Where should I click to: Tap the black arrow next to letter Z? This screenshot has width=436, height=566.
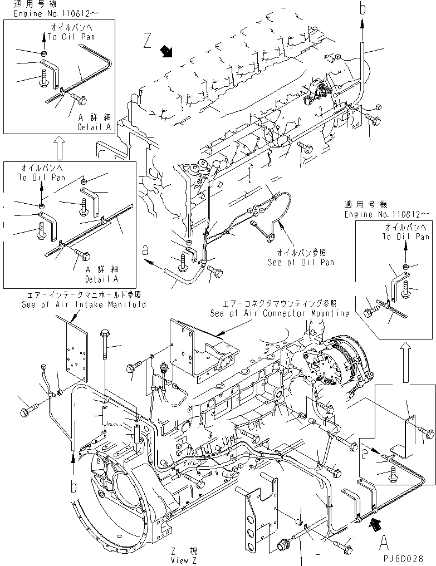point(166,52)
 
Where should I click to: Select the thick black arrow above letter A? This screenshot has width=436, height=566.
point(377,523)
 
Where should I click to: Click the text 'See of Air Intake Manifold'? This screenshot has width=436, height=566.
point(84,304)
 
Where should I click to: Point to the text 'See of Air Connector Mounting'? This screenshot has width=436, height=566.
point(280,313)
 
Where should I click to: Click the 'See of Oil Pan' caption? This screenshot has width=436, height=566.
point(301,262)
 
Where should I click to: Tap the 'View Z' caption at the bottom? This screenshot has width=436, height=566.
point(188,558)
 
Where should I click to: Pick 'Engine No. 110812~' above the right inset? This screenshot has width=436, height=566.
point(387,214)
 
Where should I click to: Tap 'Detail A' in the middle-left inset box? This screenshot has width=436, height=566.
point(101,278)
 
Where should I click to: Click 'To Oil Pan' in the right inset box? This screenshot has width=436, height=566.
point(405,237)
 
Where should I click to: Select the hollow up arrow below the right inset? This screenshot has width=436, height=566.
point(406,361)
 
